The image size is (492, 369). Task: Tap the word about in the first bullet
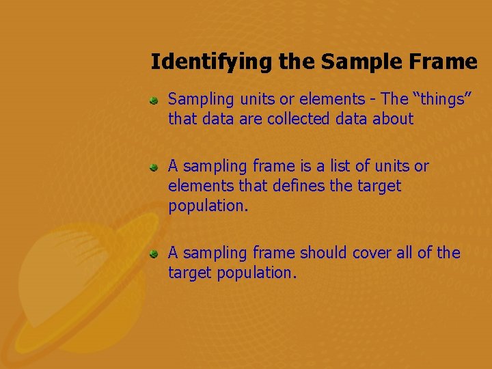click(393, 120)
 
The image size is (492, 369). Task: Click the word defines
click(304, 186)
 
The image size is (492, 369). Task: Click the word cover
click(372, 253)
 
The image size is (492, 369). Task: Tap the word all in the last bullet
click(404, 253)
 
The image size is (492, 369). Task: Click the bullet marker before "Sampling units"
click(155, 100)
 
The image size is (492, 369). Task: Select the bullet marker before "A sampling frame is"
click(155, 167)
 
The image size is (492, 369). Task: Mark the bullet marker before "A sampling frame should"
click(155, 254)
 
